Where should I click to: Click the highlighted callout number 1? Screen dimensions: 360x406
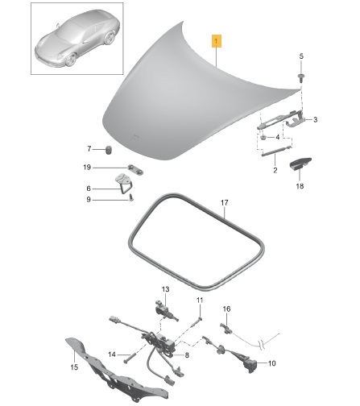click(217, 41)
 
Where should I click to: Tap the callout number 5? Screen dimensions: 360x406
click(301, 56)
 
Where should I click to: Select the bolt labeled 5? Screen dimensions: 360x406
click(300, 77)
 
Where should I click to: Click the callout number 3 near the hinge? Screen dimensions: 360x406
click(315, 119)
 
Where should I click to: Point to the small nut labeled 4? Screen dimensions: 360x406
click(263, 137)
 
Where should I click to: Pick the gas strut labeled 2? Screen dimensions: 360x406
click(276, 151)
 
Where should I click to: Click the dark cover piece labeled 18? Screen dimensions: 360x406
click(300, 164)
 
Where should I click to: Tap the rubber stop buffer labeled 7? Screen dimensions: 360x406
click(108, 150)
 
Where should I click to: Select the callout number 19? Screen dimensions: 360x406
click(87, 168)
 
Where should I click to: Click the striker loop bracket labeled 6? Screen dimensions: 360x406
click(124, 183)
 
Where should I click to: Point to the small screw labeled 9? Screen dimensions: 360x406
click(131, 197)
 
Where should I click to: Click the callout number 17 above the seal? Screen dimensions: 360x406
click(225, 202)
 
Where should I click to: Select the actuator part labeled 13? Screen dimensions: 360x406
click(164, 310)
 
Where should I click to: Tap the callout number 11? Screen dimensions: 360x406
click(200, 300)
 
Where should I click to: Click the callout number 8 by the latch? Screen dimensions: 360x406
click(187, 355)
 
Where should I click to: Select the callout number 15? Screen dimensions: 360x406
click(74, 367)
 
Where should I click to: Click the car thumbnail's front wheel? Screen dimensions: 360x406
click(71, 60)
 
